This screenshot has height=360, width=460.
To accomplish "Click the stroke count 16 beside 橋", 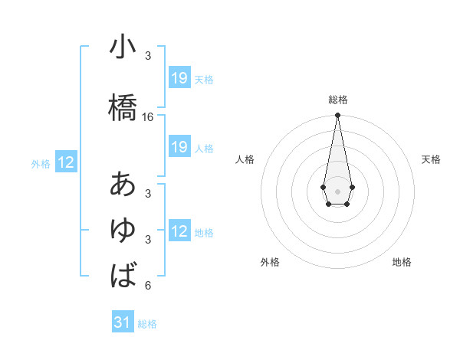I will (x=148, y=117).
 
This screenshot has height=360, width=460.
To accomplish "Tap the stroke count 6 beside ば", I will (x=148, y=286).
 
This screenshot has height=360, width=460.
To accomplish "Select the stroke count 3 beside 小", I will (x=148, y=57).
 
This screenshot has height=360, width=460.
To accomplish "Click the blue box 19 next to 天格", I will (x=179, y=78).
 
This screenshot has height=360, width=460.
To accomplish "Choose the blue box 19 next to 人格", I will (x=179, y=147).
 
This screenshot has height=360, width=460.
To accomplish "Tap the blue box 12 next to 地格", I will (x=179, y=231).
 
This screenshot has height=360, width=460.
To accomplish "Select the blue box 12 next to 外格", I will (x=66, y=162).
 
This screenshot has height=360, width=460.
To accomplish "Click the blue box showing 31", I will (x=123, y=322).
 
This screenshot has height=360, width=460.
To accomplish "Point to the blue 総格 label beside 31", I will (x=147, y=324).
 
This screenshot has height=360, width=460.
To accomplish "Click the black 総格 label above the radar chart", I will (x=337, y=100).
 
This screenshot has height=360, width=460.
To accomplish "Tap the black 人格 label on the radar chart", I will (x=245, y=159).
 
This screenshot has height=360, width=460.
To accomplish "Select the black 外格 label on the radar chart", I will (x=270, y=262).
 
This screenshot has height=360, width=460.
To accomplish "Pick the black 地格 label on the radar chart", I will (x=402, y=262).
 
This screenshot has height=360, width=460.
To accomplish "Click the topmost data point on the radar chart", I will (x=337, y=116).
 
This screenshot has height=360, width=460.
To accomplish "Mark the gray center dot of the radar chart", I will (x=337, y=190).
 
